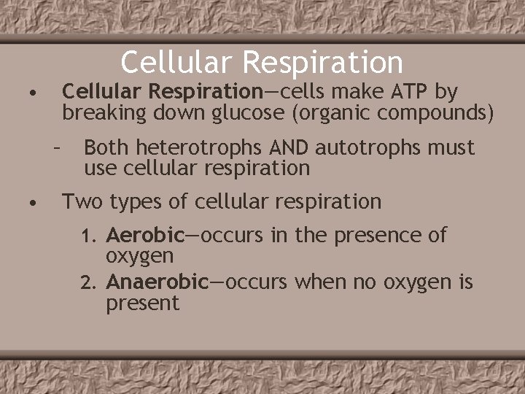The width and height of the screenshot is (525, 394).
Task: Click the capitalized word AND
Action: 291,148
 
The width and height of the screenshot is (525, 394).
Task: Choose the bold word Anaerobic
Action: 157,282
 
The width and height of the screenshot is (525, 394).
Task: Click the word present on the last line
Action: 142,303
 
